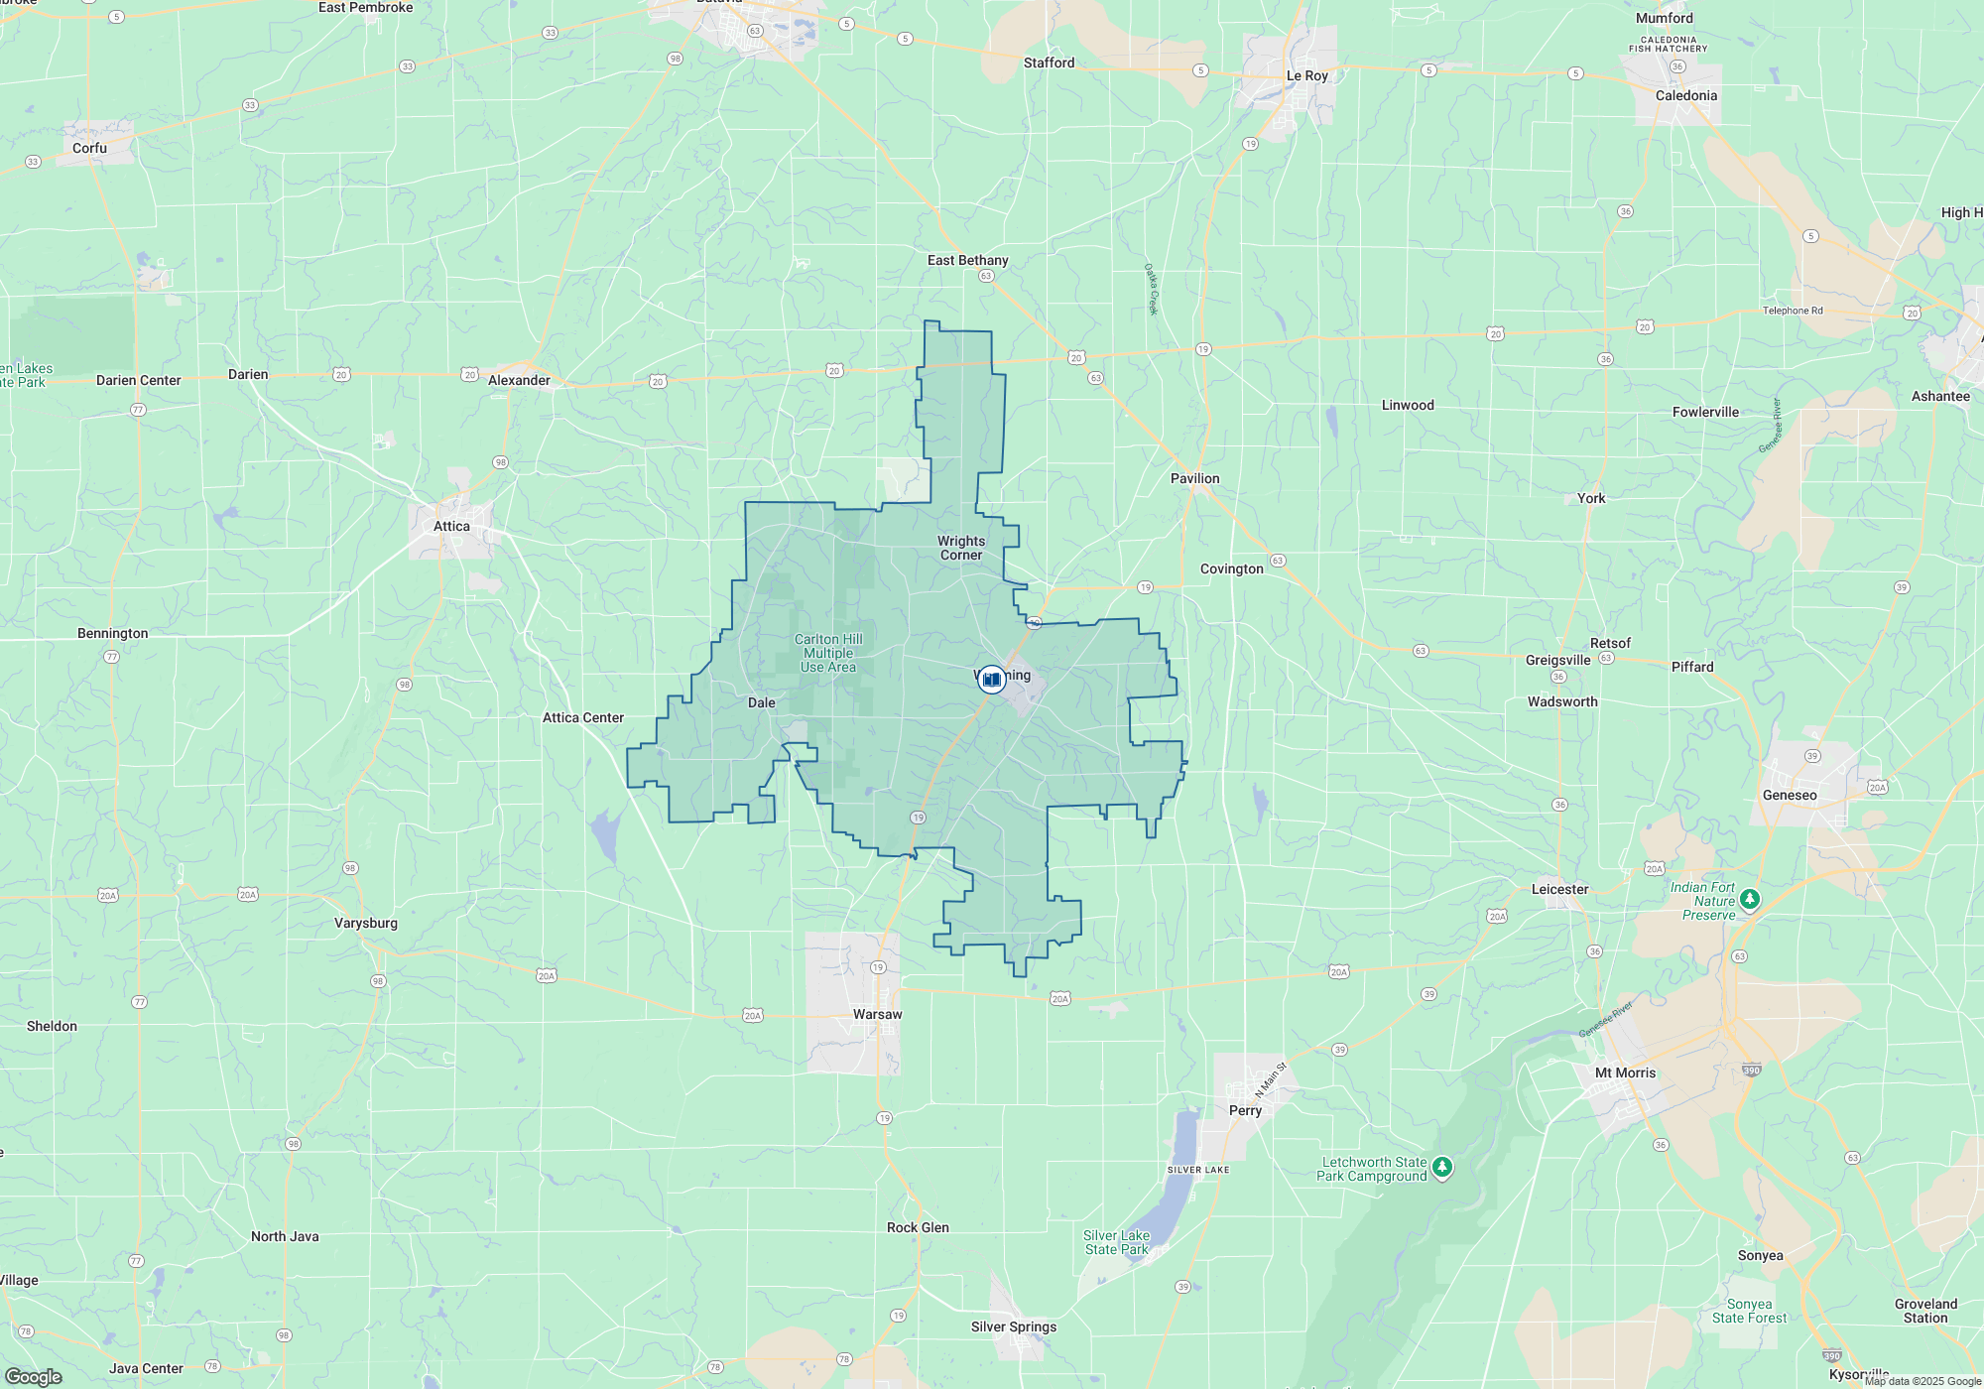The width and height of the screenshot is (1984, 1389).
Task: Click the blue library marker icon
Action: [x=992, y=680]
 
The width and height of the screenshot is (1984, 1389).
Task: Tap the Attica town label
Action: [x=451, y=527]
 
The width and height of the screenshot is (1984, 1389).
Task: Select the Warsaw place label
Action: [x=878, y=1014]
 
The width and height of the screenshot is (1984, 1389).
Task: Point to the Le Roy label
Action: [x=1306, y=75]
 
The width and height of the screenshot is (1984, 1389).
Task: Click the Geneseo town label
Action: [x=1790, y=795]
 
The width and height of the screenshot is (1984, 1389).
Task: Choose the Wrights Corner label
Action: [x=961, y=548]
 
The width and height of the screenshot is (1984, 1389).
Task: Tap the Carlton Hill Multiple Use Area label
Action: [x=828, y=653]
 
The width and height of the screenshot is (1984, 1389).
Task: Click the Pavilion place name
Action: [x=1194, y=478]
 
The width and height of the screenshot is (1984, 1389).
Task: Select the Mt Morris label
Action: [x=1625, y=1073]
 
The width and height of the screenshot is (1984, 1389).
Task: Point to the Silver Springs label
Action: [x=1013, y=1326]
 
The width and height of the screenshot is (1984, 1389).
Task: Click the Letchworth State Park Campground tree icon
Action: [x=1442, y=1167]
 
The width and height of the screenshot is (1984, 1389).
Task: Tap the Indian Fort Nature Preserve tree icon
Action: [x=1750, y=899]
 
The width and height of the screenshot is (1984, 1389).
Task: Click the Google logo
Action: [x=34, y=1376]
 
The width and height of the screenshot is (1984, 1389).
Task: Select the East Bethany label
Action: [x=967, y=260]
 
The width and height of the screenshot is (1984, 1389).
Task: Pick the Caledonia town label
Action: [x=1685, y=95]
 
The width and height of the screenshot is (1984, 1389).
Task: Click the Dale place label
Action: [x=761, y=702]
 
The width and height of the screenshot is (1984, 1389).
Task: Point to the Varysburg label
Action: [x=365, y=923]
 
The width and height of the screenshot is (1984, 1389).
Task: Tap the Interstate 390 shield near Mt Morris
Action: [x=1751, y=1070]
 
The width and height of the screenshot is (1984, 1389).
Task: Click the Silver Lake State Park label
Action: [x=1116, y=1242]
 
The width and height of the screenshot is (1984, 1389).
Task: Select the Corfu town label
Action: [x=89, y=148]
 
